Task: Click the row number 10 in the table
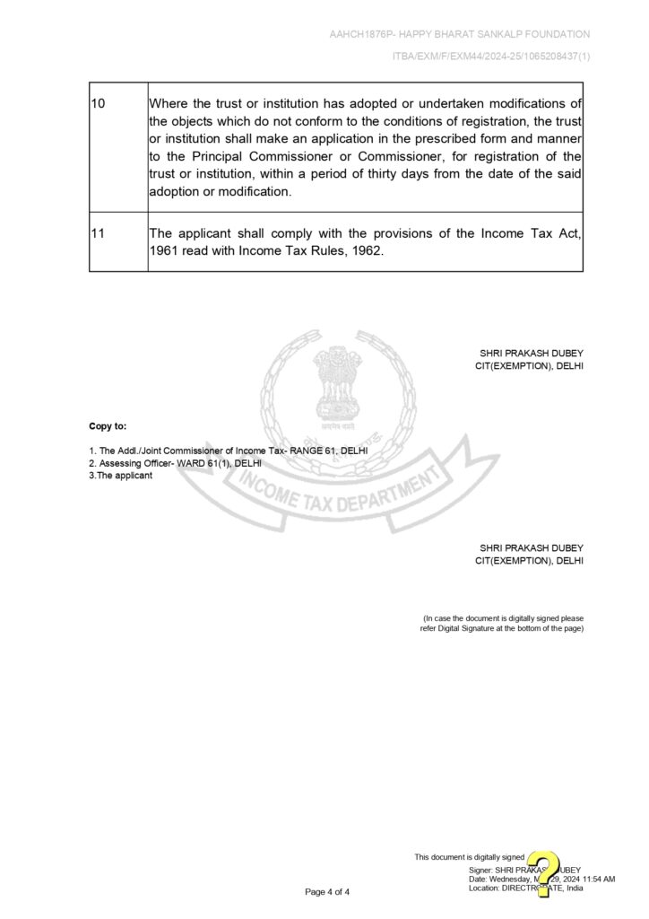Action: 99,104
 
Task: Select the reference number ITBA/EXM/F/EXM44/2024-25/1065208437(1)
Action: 491,57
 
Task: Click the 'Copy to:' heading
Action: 108,425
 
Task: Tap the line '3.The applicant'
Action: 120,476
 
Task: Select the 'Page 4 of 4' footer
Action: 327,892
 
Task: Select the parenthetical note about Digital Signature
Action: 503,624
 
